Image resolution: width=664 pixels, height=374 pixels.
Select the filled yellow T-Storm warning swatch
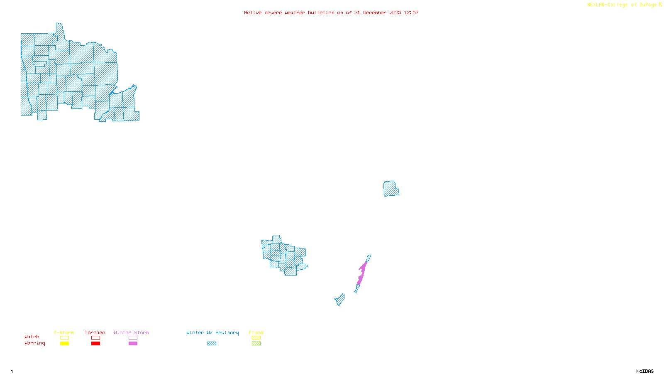pyautogui.click(x=64, y=344)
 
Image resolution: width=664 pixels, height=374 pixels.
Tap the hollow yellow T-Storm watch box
pyautogui.click(x=64, y=338)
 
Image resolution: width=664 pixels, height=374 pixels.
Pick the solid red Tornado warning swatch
pyautogui.click(x=95, y=344)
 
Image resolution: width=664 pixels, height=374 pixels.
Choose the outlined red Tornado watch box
pyautogui.click(x=95, y=338)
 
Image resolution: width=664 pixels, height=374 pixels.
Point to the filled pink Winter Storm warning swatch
pyautogui.click(x=133, y=344)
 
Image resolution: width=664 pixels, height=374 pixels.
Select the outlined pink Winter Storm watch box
pyautogui.click(x=133, y=338)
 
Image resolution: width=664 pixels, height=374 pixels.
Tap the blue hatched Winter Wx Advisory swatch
pyautogui.click(x=212, y=344)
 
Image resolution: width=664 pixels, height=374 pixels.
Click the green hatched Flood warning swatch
pyautogui.click(x=256, y=344)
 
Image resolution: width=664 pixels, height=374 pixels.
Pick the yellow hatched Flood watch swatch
pyautogui.click(x=256, y=338)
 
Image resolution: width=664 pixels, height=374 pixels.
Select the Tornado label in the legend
pyautogui.click(x=95, y=332)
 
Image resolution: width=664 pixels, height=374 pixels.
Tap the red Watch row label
pyautogui.click(x=32, y=337)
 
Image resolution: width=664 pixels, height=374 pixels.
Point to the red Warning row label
pyautogui.click(x=34, y=343)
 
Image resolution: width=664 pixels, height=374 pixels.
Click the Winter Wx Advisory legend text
pyautogui.click(x=212, y=332)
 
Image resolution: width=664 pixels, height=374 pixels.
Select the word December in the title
pyautogui.click(x=375, y=12)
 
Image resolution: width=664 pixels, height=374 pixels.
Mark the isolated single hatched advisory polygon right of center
pyautogui.click(x=391, y=189)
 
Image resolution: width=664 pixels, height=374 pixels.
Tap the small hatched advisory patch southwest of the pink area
pyautogui.click(x=340, y=300)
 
